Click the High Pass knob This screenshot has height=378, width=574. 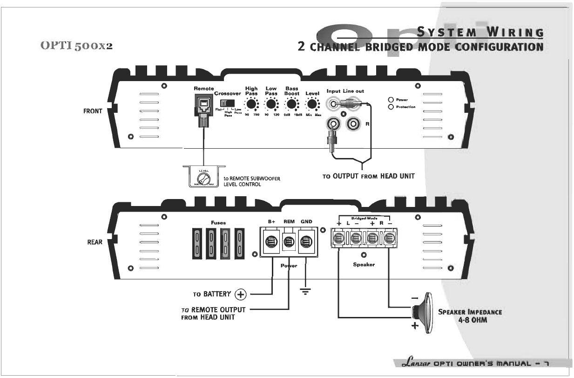tap(251, 104)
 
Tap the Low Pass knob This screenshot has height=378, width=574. tap(271, 104)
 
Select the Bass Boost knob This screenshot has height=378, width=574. tap(292, 104)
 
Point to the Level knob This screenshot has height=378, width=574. tap(312, 104)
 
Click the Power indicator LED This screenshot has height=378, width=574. tap(392, 100)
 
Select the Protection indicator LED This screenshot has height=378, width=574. tap(392, 107)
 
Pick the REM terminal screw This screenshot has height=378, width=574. tap(289, 241)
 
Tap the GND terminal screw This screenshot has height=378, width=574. tap(306, 241)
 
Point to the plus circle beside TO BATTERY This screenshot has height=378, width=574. tap(240, 294)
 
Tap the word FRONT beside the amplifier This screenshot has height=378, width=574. tap(93, 111)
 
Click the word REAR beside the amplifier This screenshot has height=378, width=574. tap(95, 242)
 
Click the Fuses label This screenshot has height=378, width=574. tap(218, 223)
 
